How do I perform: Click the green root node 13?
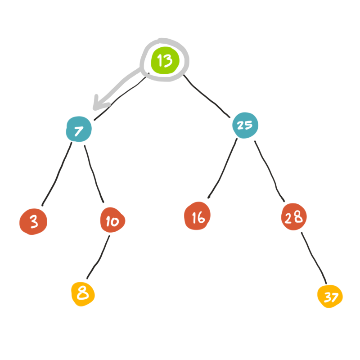(165, 61)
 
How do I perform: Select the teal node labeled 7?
(79, 130)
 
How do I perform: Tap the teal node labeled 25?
(245, 125)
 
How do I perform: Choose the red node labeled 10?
(112, 220)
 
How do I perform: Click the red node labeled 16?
(197, 217)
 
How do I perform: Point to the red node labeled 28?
(293, 218)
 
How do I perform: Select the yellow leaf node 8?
(83, 294)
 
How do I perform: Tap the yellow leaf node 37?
(330, 297)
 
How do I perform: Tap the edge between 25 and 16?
(222, 169)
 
